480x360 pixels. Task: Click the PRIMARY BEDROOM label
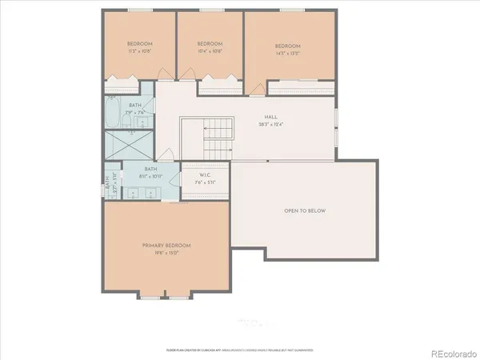[166, 245]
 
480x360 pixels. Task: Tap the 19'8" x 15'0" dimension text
[166, 253]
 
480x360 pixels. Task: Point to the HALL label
[282, 117]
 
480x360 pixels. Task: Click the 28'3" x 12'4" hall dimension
[282, 124]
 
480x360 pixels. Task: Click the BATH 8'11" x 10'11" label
[150, 172]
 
